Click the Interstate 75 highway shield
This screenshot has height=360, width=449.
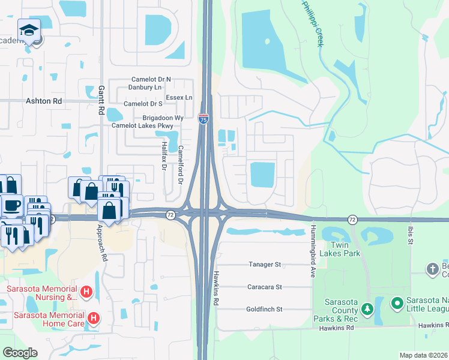pyautogui.click(x=203, y=118)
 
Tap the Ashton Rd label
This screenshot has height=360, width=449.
pyautogui.click(x=44, y=102)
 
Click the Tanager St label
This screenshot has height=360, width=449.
pyautogui.click(x=265, y=264)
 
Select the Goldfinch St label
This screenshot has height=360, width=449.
pyautogui.click(x=264, y=309)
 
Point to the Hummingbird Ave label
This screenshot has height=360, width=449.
pyautogui.click(x=313, y=251)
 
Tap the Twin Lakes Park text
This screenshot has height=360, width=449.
pyautogui.click(x=344, y=250)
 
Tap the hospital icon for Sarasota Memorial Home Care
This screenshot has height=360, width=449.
pyautogui.click(x=93, y=317)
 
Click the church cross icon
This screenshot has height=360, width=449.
pyautogui.click(x=433, y=269)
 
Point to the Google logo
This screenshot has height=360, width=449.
pyautogui.click(x=20, y=353)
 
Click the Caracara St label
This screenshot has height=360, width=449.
pyautogui.click(x=265, y=287)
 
